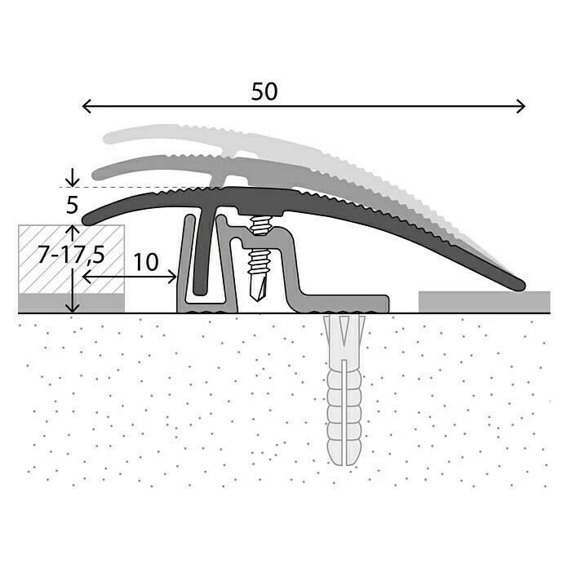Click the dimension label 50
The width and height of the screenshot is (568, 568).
tap(264, 92)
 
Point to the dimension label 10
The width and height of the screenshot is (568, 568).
tap(145, 262)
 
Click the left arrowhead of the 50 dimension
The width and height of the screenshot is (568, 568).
tap(86, 106)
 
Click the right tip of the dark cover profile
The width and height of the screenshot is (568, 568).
tap(517, 286)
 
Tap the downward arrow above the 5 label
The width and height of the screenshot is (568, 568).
tap(73, 179)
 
